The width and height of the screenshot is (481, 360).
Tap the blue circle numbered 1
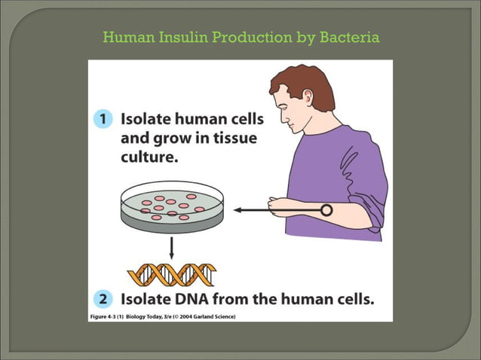(103, 119)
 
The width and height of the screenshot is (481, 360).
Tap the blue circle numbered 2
(103, 299)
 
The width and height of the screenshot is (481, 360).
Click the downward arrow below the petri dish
(173, 248)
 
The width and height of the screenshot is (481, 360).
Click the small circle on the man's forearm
(326, 210)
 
